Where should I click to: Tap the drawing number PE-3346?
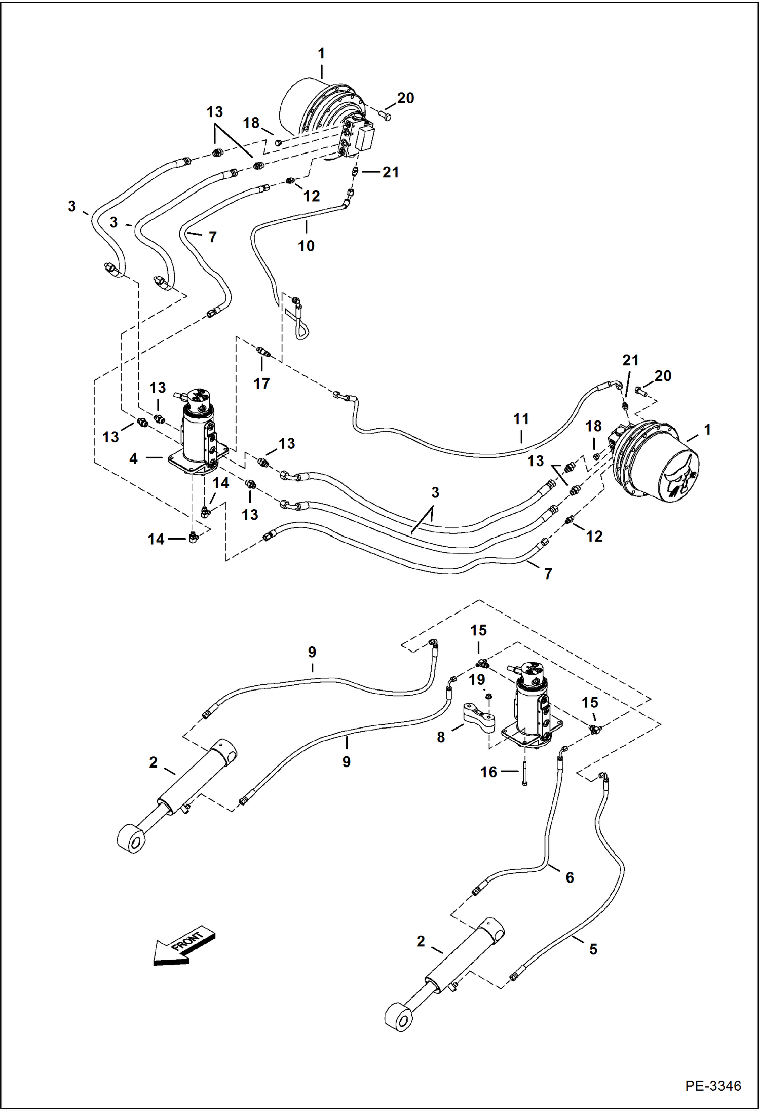712,1086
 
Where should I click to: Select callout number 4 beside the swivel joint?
133,458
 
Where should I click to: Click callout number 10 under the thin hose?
306,246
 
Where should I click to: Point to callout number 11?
521,419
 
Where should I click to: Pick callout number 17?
261,384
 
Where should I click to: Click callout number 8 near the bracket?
441,737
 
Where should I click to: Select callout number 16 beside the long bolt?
488,772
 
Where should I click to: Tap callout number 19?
477,679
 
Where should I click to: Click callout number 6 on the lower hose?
570,877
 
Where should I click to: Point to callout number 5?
593,949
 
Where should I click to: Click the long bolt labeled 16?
525,768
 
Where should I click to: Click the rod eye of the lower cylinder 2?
400,1018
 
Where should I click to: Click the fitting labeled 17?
263,351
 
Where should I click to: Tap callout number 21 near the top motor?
390,172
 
